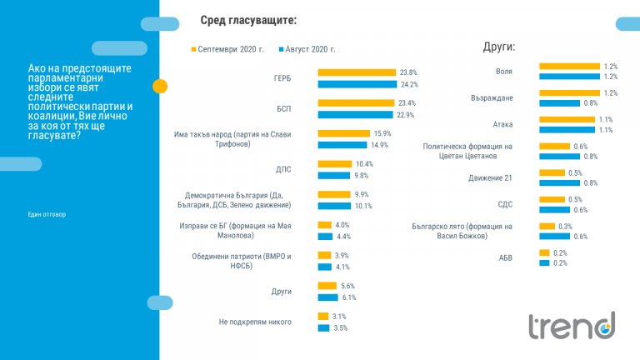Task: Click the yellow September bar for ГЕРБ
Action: click(356, 72)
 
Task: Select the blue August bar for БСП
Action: click(354, 114)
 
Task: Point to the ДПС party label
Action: click(284, 169)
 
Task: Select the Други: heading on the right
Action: click(499, 47)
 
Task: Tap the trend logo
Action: click(572, 325)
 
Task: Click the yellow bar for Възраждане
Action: click(569, 93)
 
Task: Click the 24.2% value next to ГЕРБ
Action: click(408, 84)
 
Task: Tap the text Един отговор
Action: click(46, 214)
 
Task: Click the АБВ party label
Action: click(505, 257)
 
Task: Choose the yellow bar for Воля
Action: click(569, 66)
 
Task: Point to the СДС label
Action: click(504, 204)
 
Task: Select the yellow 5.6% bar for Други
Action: click(326, 285)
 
